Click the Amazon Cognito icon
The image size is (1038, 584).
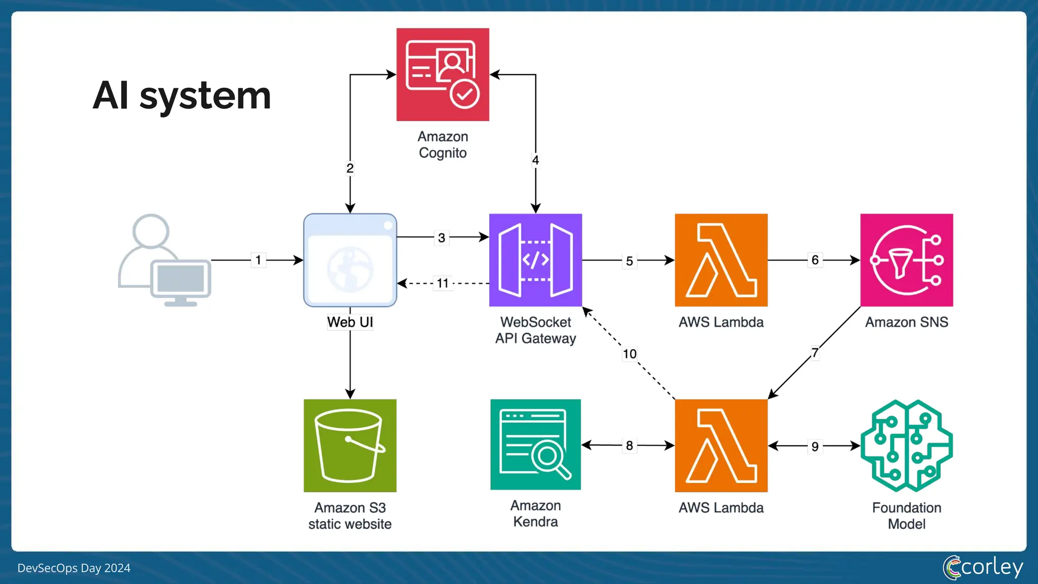pos(442,75)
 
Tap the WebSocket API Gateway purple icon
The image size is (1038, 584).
pos(535,260)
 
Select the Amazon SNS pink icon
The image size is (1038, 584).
pos(906,260)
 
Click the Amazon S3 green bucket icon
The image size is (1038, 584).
pos(350,446)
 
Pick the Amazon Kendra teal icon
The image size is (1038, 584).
pos(535,445)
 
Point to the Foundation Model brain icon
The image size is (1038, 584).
pos(906,446)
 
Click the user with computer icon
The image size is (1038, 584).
pos(164,260)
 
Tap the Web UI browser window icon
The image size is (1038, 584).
pos(350,260)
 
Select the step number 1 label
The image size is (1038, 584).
pos(258,260)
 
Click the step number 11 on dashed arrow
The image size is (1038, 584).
pos(442,283)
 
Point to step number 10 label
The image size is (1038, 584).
pos(629,354)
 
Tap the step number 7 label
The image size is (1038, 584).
pos(814,352)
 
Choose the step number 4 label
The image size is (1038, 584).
pos(535,160)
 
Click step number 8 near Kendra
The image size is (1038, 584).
pos(629,446)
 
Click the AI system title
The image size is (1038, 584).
pos(182,95)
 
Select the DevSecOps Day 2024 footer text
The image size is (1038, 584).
pos(74,568)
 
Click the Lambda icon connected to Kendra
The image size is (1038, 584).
pos(721,446)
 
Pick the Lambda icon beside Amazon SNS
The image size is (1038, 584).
pos(721,260)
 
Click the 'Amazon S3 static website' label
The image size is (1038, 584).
pos(350,516)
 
